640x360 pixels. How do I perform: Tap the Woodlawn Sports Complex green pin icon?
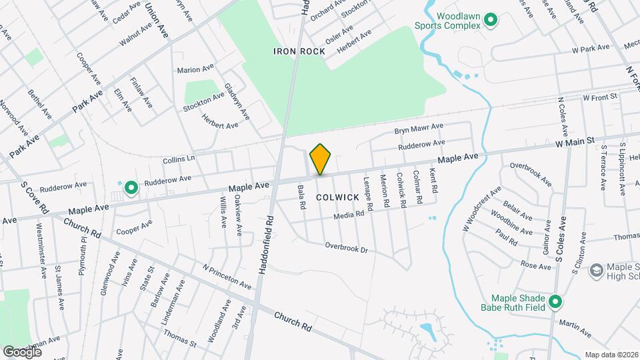pyautogui.click(x=491, y=21)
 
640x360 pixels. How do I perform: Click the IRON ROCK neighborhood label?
pyautogui.click(x=299, y=51)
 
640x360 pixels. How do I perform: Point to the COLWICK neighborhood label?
pyautogui.click(x=338, y=197)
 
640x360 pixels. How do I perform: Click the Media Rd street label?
pyautogui.click(x=349, y=214)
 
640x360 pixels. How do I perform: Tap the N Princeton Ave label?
pyautogui.click(x=227, y=276)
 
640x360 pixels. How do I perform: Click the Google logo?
pyautogui.click(x=23, y=351)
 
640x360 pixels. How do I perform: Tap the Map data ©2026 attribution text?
pyautogui.click(x=611, y=355)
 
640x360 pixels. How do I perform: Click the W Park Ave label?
pyautogui.click(x=591, y=48)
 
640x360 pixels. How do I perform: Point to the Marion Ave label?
pyautogui.click(x=195, y=69)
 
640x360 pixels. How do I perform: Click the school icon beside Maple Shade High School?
pyautogui.click(x=596, y=271)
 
